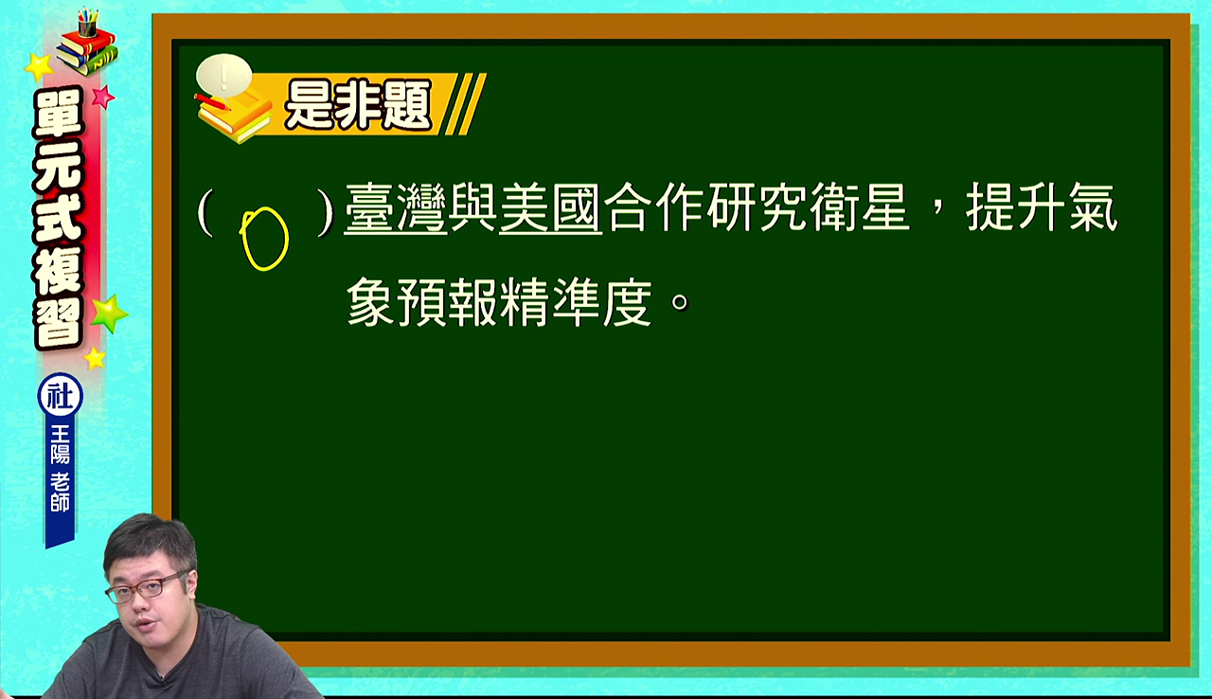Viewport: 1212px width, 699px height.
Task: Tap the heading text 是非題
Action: pos(358,104)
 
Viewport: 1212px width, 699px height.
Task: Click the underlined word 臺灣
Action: pos(396,208)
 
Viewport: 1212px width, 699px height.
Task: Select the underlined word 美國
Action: pos(551,208)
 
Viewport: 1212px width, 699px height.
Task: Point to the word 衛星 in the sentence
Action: pos(860,207)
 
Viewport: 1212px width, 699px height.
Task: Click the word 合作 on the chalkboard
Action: pos(653,207)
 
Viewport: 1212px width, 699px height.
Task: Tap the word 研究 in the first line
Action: pos(757,207)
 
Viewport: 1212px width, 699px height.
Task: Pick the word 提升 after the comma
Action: pos(1016,207)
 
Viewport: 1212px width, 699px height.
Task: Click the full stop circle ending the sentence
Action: pos(680,302)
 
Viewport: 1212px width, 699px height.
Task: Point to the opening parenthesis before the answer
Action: pos(205,211)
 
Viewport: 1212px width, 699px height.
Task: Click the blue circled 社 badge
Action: pos(60,396)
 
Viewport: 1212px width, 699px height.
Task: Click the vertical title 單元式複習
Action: pos(59,218)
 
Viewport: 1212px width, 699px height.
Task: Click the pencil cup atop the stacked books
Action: pos(87,22)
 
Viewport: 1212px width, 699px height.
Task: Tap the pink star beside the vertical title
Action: pos(103,97)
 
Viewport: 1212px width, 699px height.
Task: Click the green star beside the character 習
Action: pos(109,314)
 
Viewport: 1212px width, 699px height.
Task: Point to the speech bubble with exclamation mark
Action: pos(224,76)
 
